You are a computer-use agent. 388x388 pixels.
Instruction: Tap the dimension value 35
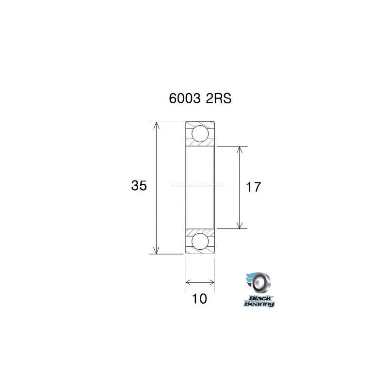139,186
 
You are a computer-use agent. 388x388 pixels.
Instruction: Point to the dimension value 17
254,187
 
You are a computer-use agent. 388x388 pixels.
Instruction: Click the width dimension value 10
199,299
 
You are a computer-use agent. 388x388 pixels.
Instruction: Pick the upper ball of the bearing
200,133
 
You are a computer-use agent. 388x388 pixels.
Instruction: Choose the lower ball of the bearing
200,241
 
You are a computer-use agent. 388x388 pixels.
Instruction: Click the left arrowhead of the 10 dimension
189,281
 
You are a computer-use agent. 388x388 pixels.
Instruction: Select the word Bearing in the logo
259,304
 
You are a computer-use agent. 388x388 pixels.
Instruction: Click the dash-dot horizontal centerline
199,186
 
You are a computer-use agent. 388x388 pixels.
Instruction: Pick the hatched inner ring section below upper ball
200,144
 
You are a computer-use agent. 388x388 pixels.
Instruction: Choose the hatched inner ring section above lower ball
200,231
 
